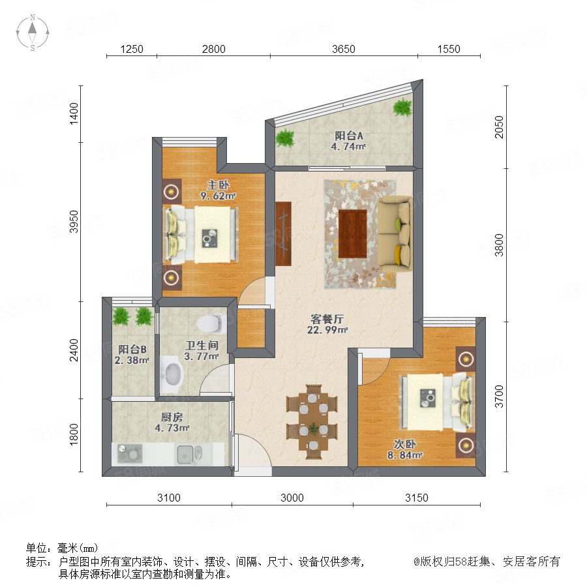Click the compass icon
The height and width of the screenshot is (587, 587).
coord(33,32)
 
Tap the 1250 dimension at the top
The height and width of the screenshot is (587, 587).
coord(132,49)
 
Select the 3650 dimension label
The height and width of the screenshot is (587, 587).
coord(343,49)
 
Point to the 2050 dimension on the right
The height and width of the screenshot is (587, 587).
coord(499,127)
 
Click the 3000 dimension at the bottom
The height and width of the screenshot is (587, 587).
coord(292,498)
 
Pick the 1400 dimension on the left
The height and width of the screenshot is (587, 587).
coord(74,113)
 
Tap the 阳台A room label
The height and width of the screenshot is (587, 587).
coord(348,135)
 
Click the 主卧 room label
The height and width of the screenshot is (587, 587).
coord(218,185)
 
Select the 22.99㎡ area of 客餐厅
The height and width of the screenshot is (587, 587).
coord(327,330)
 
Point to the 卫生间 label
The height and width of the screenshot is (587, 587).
coord(202,345)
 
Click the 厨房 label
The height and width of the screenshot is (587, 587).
coord(172,417)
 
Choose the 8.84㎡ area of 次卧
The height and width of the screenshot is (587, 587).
coord(404,455)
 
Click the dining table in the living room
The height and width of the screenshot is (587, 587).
coord(313,421)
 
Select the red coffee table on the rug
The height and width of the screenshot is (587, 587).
coord(353,233)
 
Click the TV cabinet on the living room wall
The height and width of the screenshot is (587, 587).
coord(284,234)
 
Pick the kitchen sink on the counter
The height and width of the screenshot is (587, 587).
coord(189,454)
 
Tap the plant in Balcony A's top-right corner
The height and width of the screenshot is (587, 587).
coord(403,107)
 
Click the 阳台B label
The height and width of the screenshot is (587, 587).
coord(132,350)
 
